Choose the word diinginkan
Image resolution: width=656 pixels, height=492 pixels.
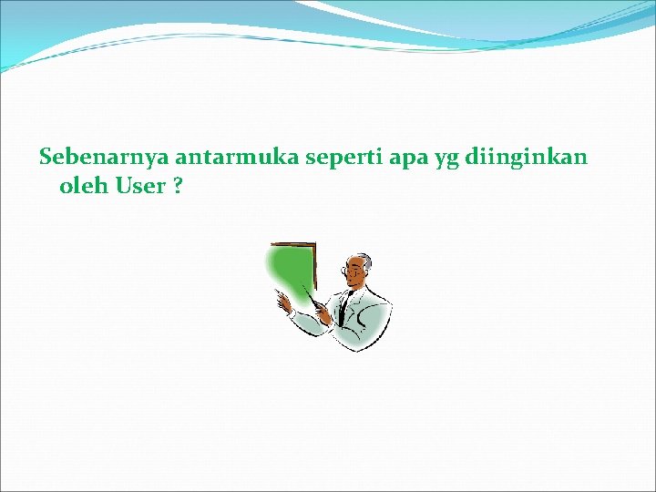[x=526, y=158]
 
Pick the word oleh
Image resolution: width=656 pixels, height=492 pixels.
[x=83, y=187]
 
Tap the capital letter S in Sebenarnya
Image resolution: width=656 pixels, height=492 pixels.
[x=46, y=158]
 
